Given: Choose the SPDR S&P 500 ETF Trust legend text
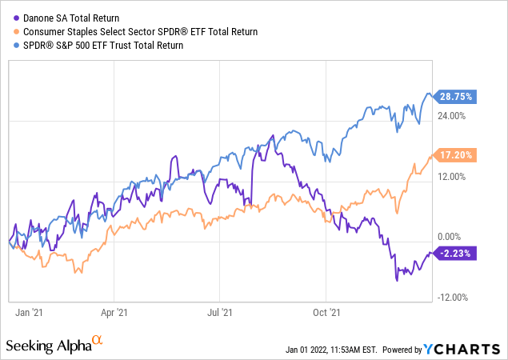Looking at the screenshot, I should click(x=100, y=46).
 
